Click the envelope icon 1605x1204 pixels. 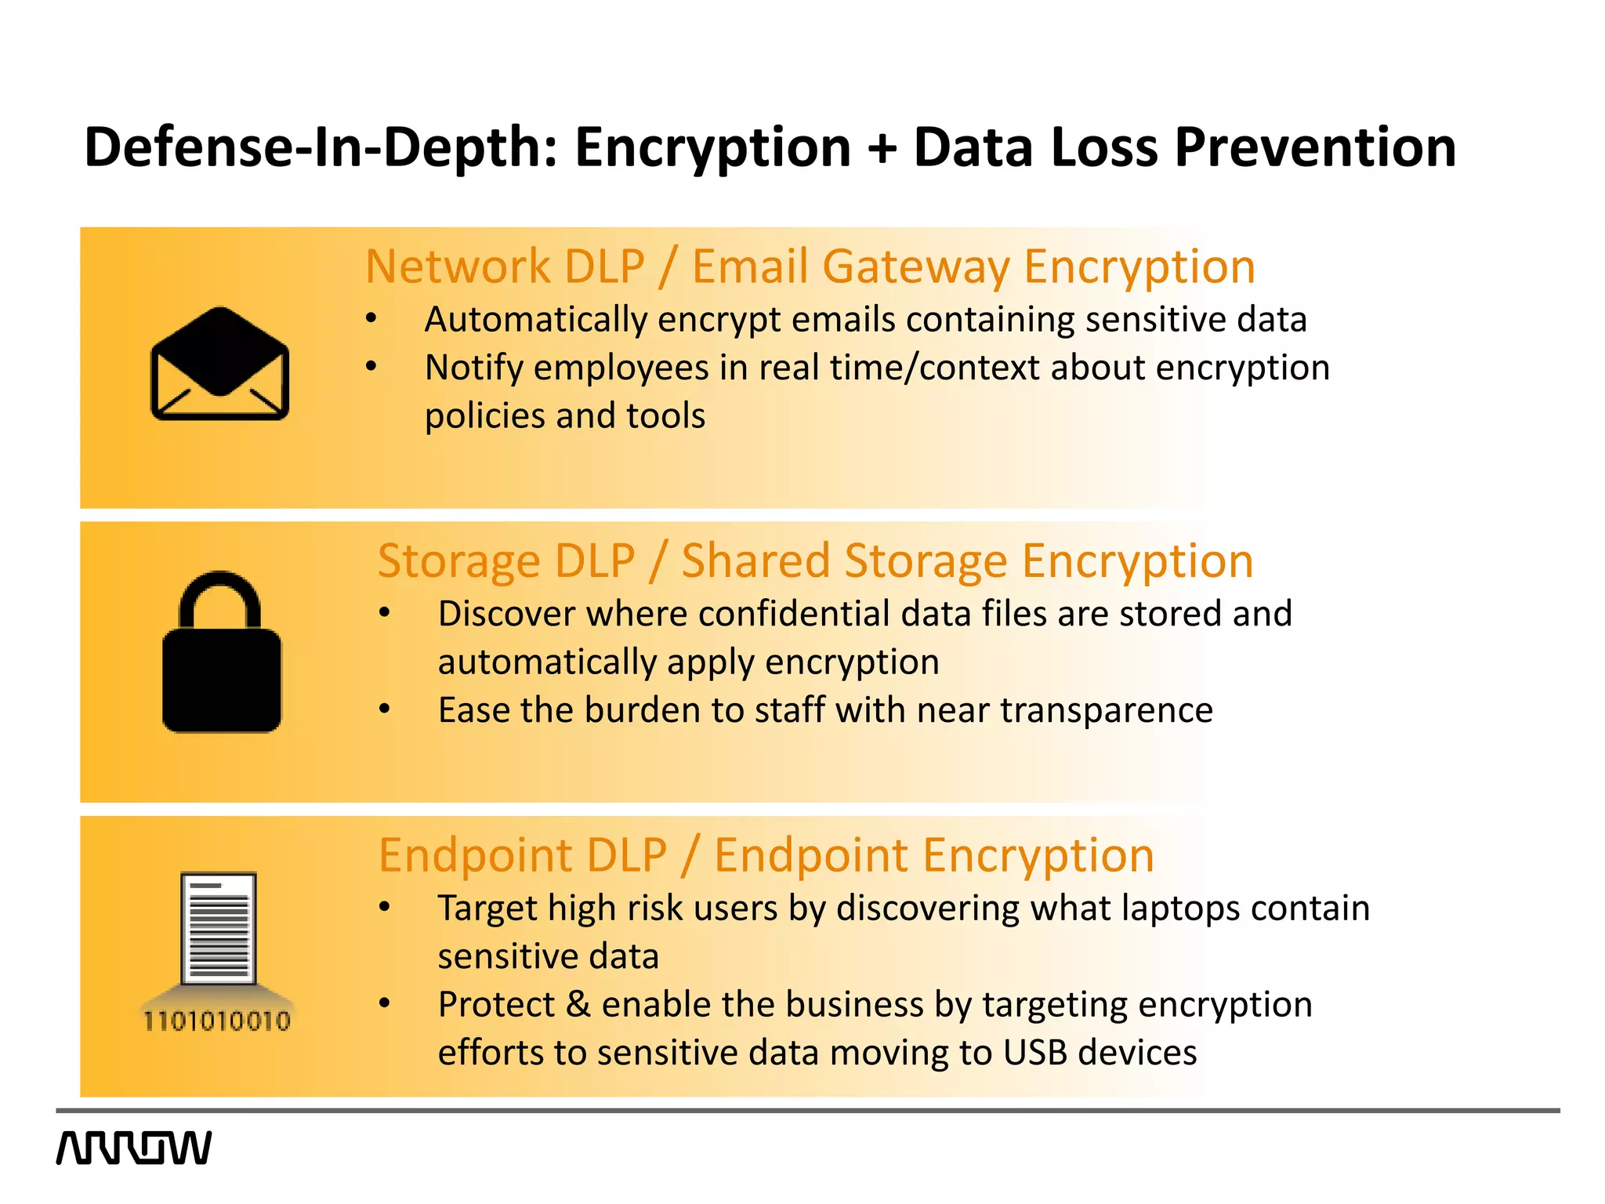point(220,363)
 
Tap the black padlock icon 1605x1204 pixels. point(222,654)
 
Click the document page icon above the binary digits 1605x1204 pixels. point(219,928)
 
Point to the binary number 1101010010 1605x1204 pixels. point(217,1021)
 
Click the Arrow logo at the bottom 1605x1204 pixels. point(134,1148)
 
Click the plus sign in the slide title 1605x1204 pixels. point(882,148)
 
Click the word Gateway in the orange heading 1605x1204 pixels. point(916,267)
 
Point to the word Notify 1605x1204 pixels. point(473,368)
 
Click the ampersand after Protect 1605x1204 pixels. point(578,1005)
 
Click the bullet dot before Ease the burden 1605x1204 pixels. point(384,709)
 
